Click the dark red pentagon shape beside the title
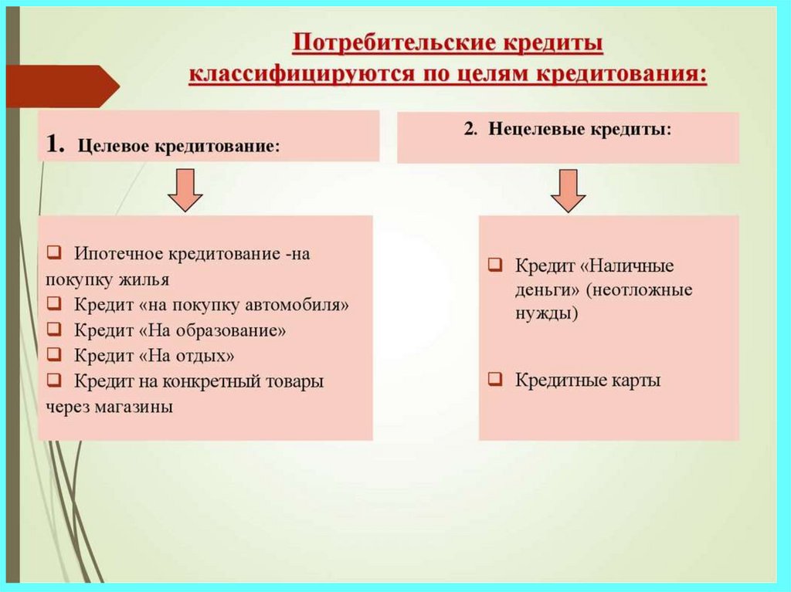(x=62, y=86)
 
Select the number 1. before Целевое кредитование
(x=56, y=144)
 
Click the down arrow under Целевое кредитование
(x=185, y=191)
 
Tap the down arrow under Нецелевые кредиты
(x=569, y=191)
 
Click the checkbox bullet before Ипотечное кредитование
(x=53, y=253)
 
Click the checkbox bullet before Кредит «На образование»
(x=53, y=330)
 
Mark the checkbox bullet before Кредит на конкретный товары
(x=53, y=381)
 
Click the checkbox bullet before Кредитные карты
(x=497, y=381)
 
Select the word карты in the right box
(x=638, y=381)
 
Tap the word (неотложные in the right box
(x=640, y=291)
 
